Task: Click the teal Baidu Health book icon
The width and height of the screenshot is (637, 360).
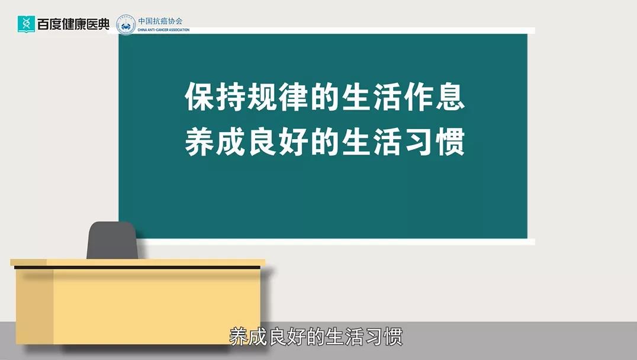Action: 26,24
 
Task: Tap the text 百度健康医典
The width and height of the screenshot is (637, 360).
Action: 73,24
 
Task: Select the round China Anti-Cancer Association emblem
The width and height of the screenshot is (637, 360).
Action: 126,25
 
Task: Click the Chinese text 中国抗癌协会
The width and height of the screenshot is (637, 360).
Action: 160,21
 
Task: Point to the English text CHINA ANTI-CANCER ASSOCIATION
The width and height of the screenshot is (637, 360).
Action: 163,30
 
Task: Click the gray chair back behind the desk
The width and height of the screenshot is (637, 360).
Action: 112,240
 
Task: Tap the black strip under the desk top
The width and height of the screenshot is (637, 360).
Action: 137,268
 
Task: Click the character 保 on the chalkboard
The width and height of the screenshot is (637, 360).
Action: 200,97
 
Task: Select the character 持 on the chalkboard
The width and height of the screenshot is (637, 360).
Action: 231,97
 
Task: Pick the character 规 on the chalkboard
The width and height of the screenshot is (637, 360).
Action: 262,97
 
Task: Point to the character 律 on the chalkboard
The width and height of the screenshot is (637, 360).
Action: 293,97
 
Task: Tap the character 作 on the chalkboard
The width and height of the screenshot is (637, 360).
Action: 419,97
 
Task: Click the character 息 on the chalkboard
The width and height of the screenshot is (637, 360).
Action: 450,97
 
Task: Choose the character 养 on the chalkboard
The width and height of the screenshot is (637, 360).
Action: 200,142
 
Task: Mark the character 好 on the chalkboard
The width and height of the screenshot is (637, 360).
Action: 293,142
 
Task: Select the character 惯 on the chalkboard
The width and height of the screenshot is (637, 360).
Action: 450,142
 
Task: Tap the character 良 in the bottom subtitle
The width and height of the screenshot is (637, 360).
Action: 278,337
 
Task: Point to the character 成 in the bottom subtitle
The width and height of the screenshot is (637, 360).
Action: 259,337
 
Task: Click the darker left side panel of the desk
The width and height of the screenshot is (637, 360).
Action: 35,307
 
